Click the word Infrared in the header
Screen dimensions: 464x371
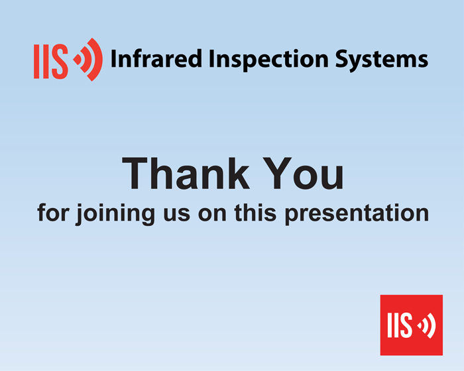pyautogui.click(x=156, y=59)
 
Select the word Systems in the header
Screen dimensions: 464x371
pyautogui.click(x=382, y=60)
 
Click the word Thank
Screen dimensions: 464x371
pyautogui.click(x=186, y=174)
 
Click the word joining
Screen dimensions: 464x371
pyautogui.click(x=115, y=213)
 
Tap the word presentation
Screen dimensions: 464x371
pyautogui.click(x=357, y=213)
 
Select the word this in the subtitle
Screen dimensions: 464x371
pyautogui.click(x=255, y=212)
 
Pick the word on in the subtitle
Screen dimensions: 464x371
pyautogui.click(x=212, y=215)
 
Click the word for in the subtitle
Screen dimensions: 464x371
pyautogui.click(x=53, y=212)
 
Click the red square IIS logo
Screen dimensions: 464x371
pyautogui.click(x=412, y=325)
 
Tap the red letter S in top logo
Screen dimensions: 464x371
pyautogui.click(x=60, y=62)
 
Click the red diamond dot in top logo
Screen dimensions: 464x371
pyautogui.click(x=78, y=60)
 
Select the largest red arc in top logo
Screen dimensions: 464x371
pyautogui.click(x=95, y=60)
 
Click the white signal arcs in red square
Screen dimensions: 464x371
pyautogui.click(x=429, y=325)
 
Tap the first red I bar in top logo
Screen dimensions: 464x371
pyautogui.click(x=36, y=62)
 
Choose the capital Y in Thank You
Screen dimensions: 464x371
pyautogui.click(x=277, y=174)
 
